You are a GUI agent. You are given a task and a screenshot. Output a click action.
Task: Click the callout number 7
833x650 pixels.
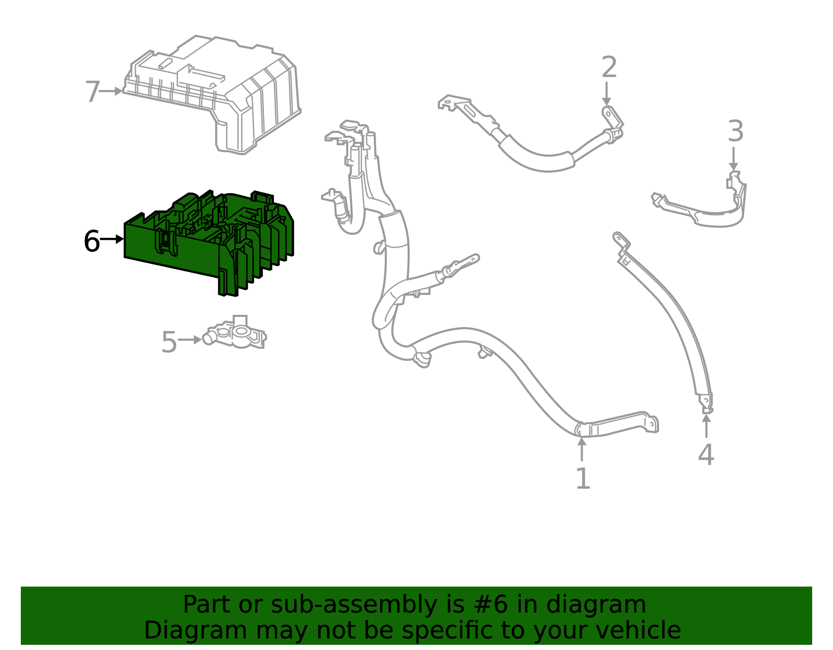[x=92, y=92]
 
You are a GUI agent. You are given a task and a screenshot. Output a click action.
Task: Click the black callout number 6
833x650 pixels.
[x=92, y=241]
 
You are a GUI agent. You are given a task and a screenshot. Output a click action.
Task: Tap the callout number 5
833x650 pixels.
[x=169, y=342]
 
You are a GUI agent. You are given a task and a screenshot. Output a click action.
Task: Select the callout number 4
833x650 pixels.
[x=706, y=455]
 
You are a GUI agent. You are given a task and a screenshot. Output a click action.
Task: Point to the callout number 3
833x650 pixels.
[x=735, y=131]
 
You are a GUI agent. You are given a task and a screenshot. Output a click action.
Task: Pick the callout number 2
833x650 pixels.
[x=609, y=68]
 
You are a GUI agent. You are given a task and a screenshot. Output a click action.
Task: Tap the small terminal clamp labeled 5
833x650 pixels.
[x=237, y=335]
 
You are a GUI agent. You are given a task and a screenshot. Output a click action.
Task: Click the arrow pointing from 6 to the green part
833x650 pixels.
[x=112, y=239]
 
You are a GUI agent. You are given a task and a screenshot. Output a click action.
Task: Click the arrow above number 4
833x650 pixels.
[x=706, y=426]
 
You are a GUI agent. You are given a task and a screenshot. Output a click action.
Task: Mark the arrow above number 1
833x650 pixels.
[x=582, y=450]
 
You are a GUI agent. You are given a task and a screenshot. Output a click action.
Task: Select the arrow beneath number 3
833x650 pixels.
[x=734, y=158]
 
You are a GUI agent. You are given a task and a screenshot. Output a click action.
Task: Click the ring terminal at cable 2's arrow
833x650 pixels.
[x=608, y=113]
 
